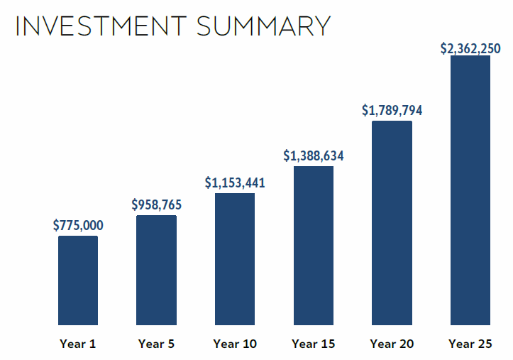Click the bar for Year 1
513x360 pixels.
pos(78,280)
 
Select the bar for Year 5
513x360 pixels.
pos(156,270)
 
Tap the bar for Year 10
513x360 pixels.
pos(235,259)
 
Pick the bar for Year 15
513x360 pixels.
pos(314,246)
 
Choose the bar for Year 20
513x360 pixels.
pos(392,223)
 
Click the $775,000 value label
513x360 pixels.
pos(78,226)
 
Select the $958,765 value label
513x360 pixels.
pos(156,205)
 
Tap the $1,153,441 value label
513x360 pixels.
pos(235,182)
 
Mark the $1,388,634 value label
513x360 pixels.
pos(314,156)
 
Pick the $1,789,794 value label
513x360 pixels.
pos(392,110)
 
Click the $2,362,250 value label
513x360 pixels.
pos(470,48)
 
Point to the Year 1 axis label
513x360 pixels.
pos(78,344)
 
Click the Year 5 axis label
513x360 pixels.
pos(156,344)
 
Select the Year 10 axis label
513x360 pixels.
pos(235,344)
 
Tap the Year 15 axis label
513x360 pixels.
pos(314,344)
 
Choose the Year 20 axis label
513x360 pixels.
pos(392,344)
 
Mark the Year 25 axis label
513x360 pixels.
pos(470,344)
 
